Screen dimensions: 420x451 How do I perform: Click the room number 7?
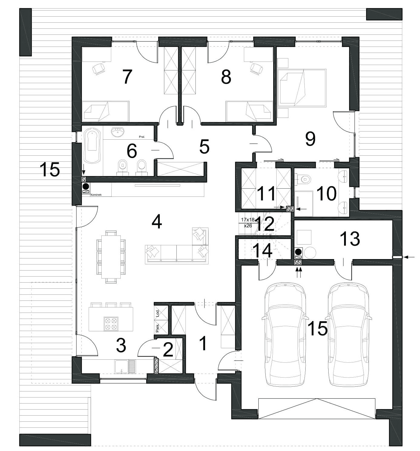coord(127,77)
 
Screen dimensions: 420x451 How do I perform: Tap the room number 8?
coord(226,77)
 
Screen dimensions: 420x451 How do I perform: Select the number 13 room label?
coord(350,239)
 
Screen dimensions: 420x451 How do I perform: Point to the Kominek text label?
coord(96,195)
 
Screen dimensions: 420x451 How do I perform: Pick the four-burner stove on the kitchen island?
coord(111,323)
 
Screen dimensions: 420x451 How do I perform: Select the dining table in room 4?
coord(111,257)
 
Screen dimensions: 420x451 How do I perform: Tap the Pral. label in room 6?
coord(142,137)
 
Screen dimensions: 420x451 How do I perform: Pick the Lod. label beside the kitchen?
coord(158,313)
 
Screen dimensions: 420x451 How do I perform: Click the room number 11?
coord(266,193)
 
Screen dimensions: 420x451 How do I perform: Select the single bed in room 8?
coord(249,111)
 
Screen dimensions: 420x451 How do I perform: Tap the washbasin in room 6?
coord(118,132)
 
